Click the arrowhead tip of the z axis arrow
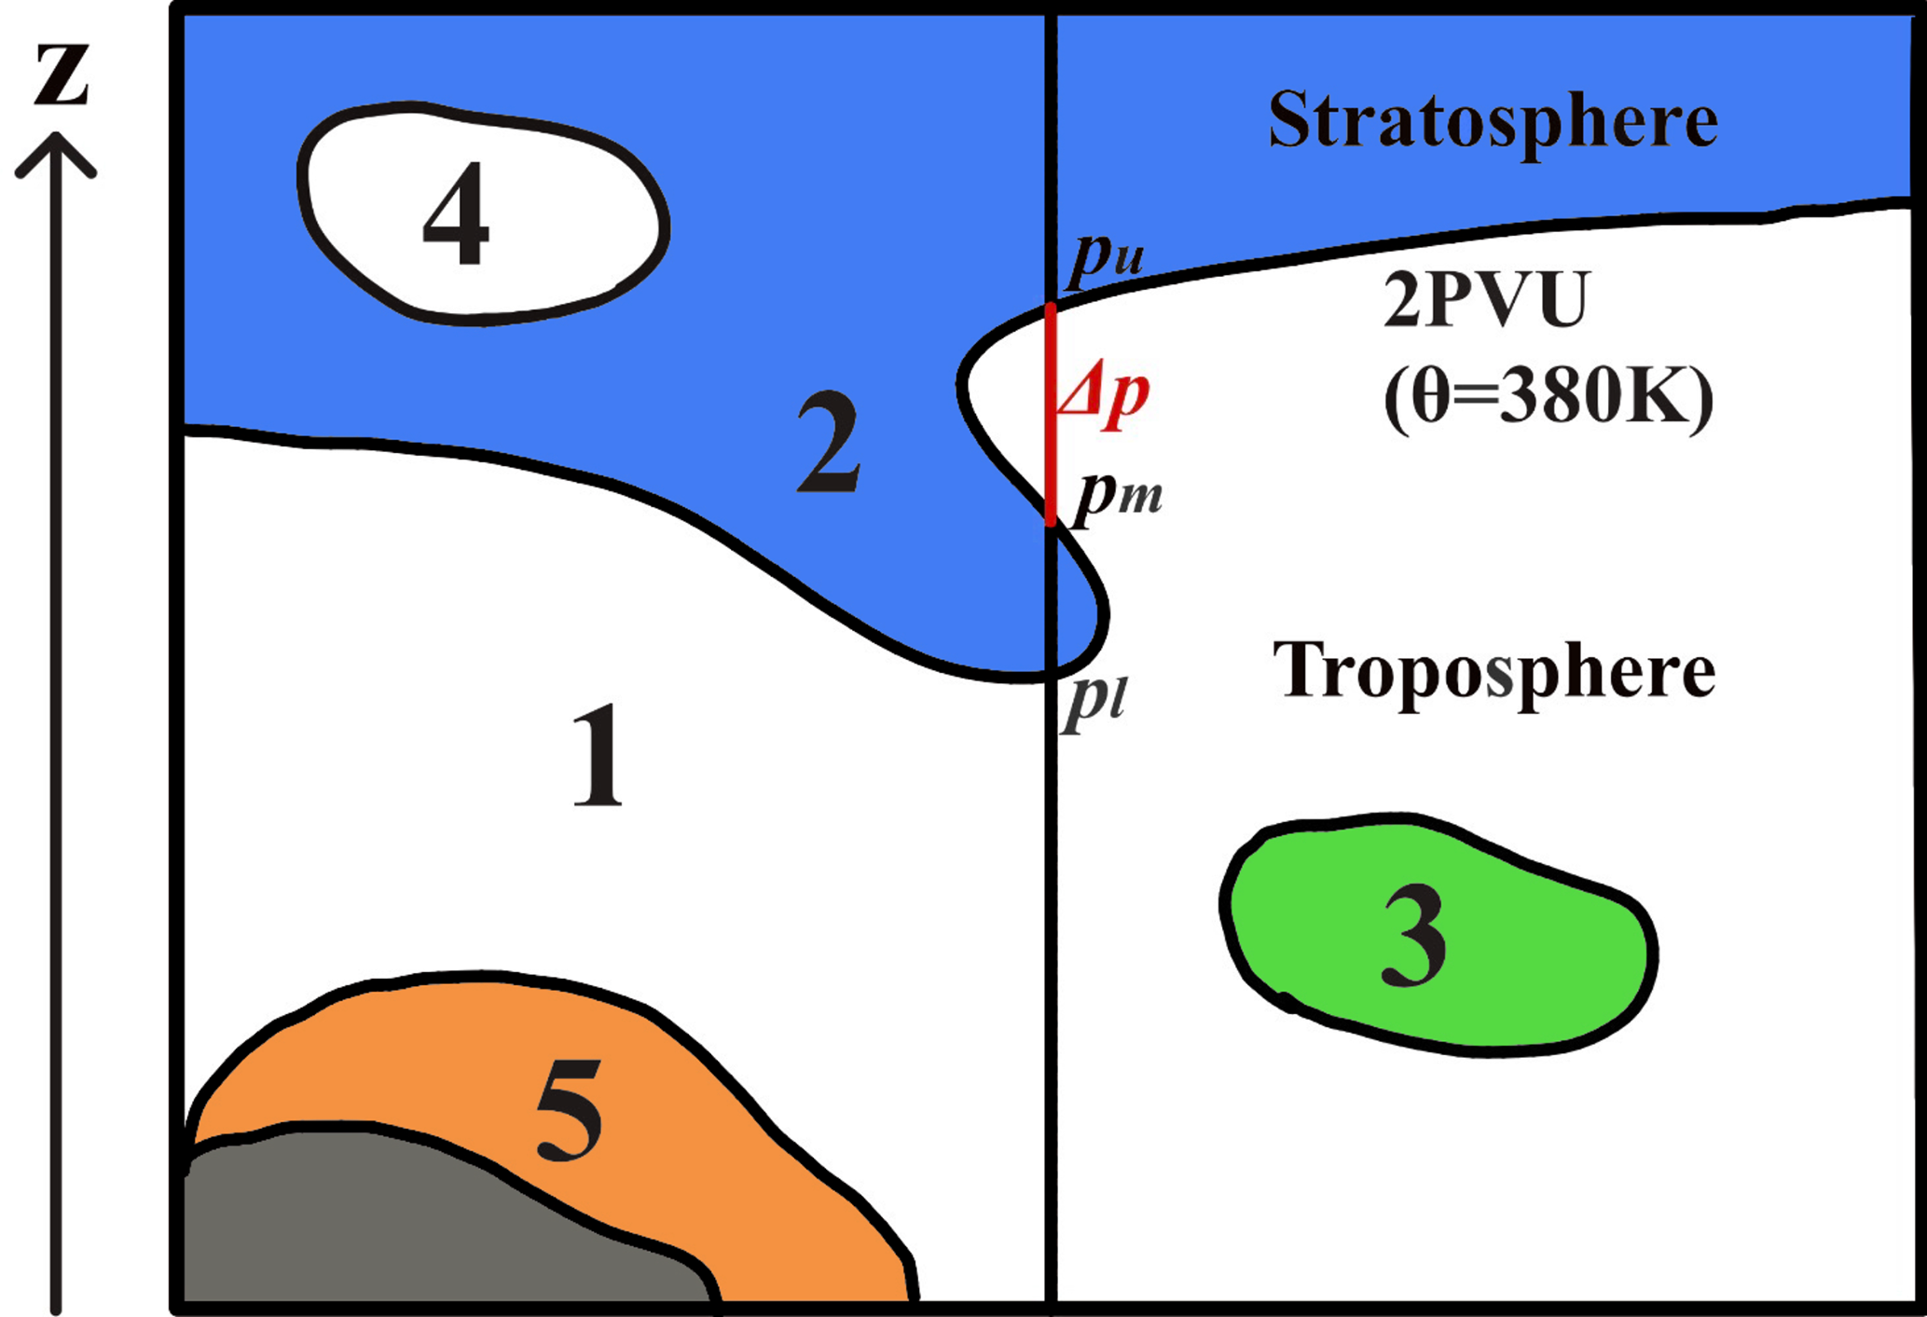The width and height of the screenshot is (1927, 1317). pyautogui.click(x=56, y=134)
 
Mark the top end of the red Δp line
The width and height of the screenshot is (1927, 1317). pyautogui.click(x=1051, y=305)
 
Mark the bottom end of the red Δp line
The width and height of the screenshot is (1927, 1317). pyautogui.click(x=1051, y=525)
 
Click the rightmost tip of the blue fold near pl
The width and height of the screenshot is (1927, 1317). pyautogui.click(x=1108, y=615)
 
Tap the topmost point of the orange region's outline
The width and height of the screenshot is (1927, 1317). pyautogui.click(x=457, y=974)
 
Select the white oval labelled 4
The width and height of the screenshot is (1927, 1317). pyautogui.click(x=483, y=213)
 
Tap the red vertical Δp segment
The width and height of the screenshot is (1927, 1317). pyautogui.click(x=1051, y=415)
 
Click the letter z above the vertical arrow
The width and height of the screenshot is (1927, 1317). pyautogui.click(x=62, y=74)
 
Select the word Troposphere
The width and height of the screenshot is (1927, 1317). pyautogui.click(x=1493, y=671)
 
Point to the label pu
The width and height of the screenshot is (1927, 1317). pyautogui.click(x=1107, y=255)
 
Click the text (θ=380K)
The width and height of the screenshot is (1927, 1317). pyautogui.click(x=1548, y=397)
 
